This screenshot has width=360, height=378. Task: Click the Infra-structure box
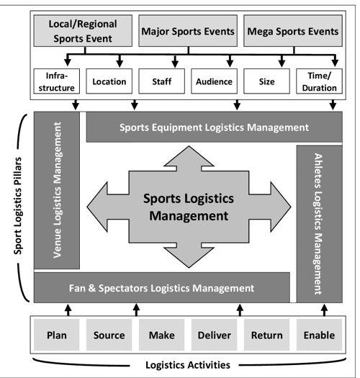57,82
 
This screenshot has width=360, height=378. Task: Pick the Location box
109,82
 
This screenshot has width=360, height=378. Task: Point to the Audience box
214,82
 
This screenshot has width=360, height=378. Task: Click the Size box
266,82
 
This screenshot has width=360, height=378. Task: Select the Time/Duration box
318,82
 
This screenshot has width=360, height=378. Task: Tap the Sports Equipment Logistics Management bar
213,127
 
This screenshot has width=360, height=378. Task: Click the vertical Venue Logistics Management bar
60,190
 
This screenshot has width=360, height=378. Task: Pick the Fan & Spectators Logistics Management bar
162,288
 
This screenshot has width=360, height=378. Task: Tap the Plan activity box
57,335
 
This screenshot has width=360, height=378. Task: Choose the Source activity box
109,335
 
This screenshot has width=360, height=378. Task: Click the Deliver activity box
214,335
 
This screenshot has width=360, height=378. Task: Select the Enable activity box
318,335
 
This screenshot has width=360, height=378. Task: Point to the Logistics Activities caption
186,364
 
